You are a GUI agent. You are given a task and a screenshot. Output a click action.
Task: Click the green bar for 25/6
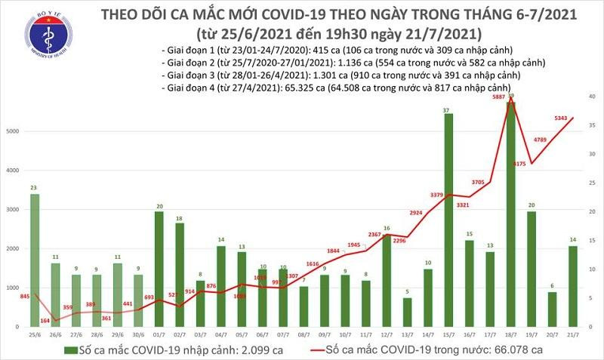pyautogui.click(x=35, y=260)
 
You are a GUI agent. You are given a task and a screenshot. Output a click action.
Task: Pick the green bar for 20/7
pyautogui.click(x=553, y=309)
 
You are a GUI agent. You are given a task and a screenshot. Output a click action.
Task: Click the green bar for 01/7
pyautogui.click(x=159, y=269)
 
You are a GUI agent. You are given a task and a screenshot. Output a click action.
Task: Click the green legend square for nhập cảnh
pyautogui.click(x=69, y=349)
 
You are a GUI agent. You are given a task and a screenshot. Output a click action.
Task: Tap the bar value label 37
pyautogui.click(x=448, y=111)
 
